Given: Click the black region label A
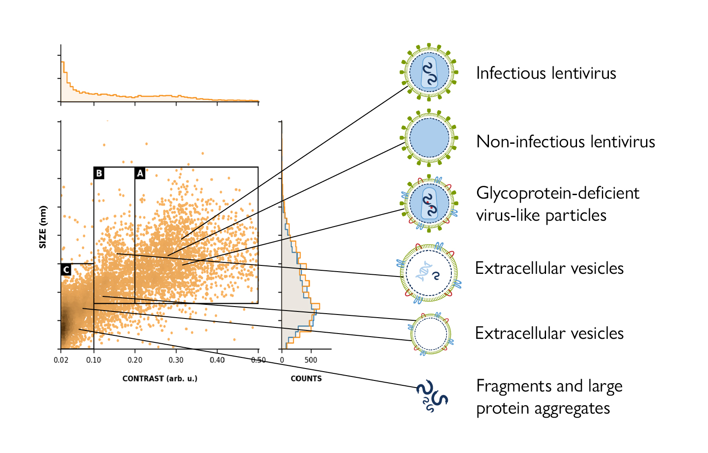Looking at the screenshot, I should [140, 173].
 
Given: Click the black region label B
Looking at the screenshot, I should [99, 173].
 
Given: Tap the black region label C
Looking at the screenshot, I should [66, 269].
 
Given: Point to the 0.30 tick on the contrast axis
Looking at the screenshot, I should [176, 360].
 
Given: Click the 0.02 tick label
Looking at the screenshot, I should [61, 360].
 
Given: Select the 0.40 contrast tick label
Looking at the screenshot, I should [217, 360].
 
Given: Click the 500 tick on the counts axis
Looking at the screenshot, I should [311, 360].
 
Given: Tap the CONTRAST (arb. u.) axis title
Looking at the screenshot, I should [160, 379].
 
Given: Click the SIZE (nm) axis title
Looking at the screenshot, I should [43, 227].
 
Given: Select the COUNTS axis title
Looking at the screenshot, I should [306, 379].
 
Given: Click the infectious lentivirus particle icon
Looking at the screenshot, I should [429, 72].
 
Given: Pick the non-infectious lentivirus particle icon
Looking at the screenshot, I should [429, 138].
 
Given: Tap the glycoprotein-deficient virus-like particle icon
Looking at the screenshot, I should [429, 203].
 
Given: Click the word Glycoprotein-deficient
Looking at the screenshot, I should [558, 193].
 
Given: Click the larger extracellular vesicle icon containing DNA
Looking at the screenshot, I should [429, 273].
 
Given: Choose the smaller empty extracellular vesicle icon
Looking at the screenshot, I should [431, 334].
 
